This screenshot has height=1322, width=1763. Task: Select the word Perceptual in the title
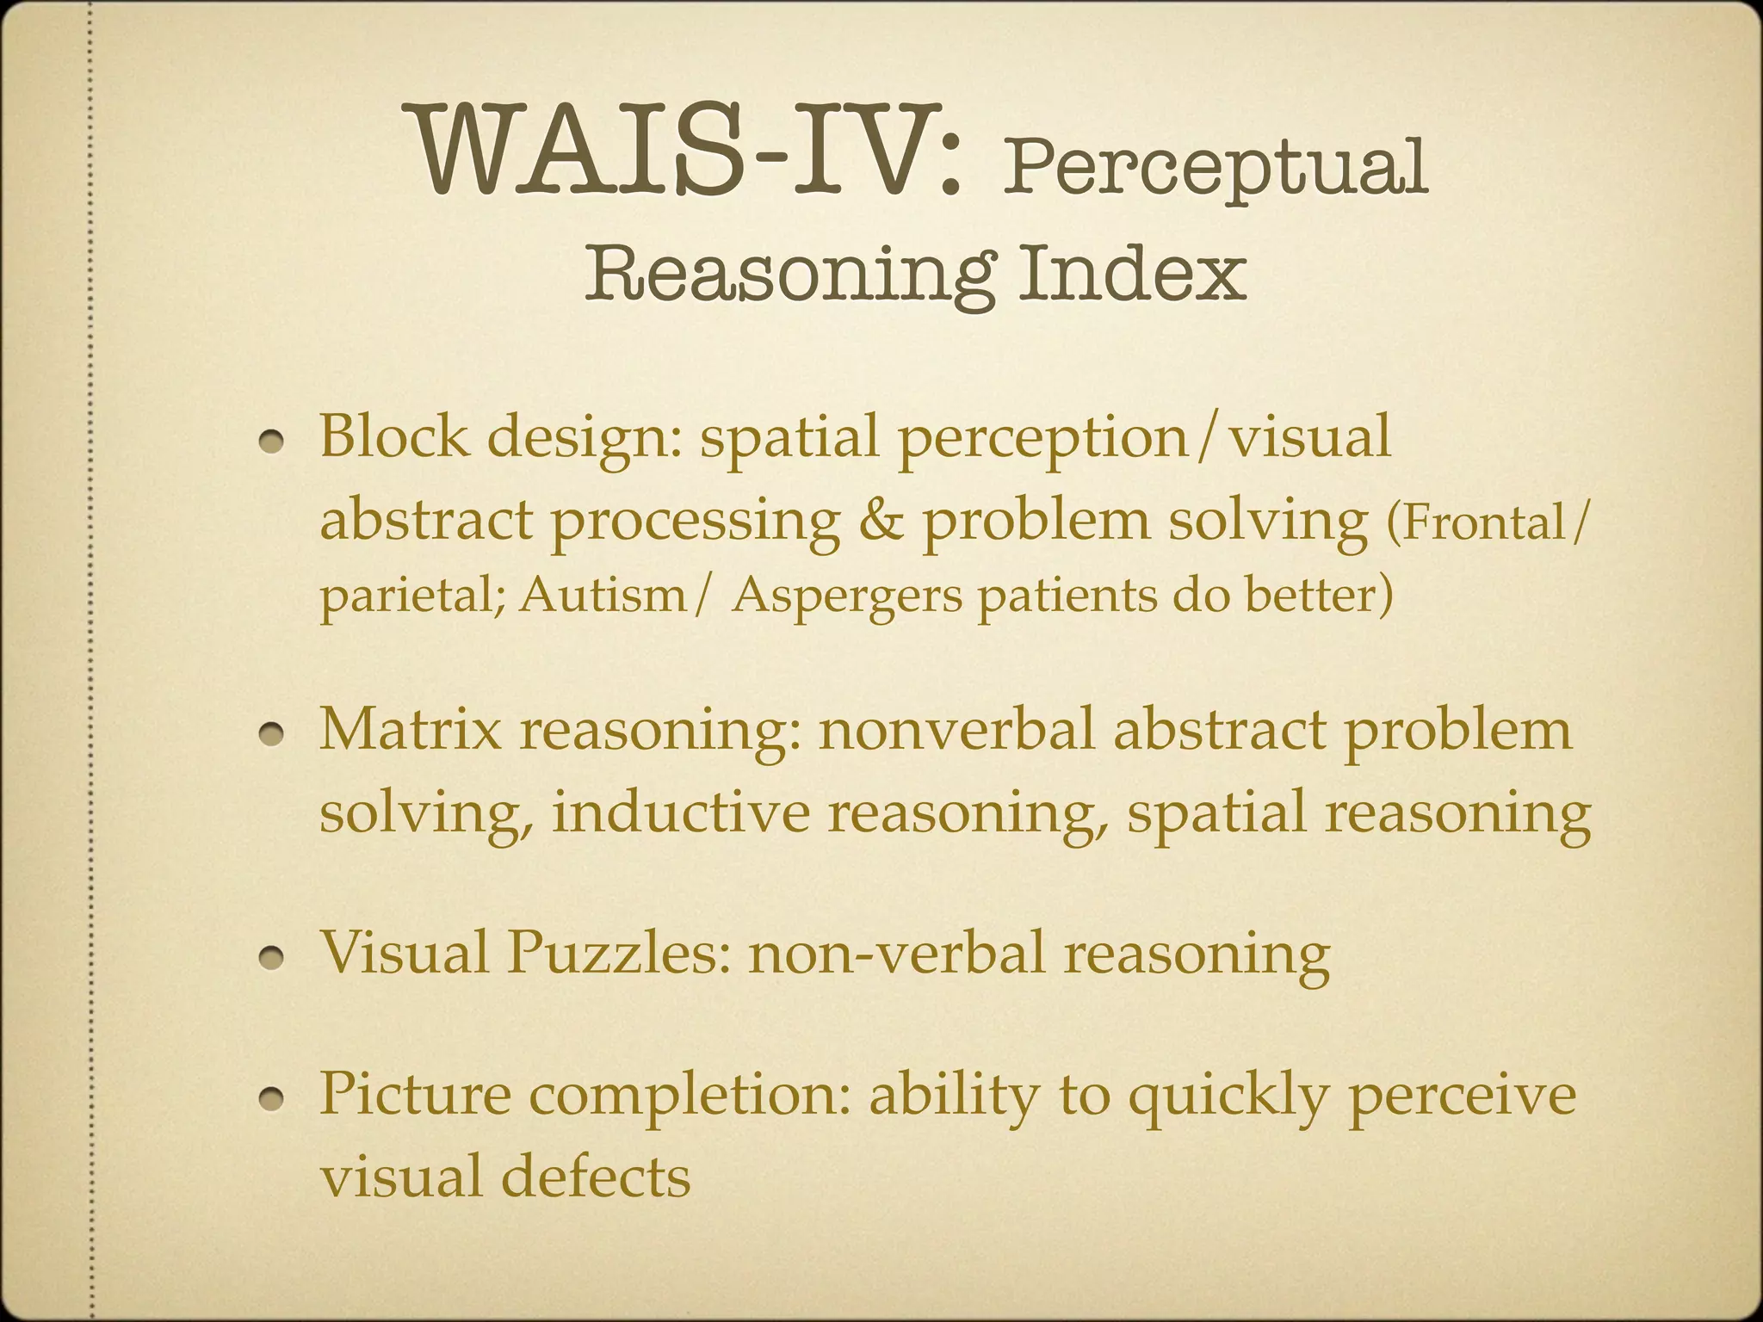tap(1215, 168)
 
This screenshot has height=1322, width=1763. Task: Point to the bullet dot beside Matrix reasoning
tap(273, 732)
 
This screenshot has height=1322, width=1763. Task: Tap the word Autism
tap(603, 595)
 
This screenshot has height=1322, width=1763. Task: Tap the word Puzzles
tap(611, 954)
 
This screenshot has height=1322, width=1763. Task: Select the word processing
tap(696, 522)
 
